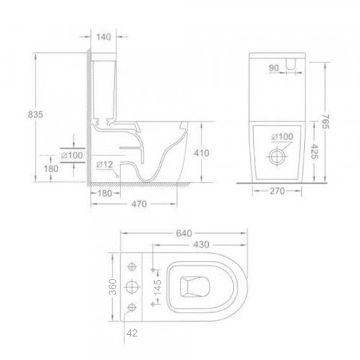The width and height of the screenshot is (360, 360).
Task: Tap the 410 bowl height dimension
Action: pos(202,154)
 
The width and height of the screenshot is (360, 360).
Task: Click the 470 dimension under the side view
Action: pos(139,204)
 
